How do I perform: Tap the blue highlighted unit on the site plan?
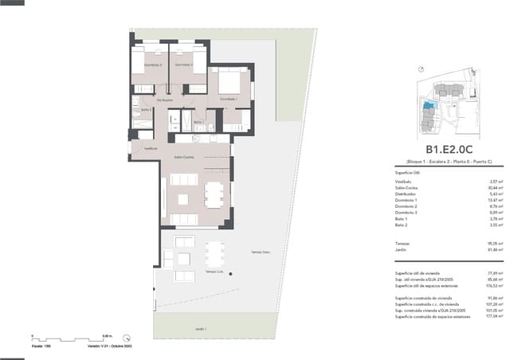[429, 105]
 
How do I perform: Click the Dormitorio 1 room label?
[229, 99]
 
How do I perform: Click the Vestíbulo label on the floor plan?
[150, 149]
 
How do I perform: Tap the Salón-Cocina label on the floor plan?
[185, 158]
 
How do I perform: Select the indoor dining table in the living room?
[213, 194]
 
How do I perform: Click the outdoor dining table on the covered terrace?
[213, 253]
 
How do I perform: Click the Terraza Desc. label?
[261, 252]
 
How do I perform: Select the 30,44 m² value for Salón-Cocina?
[481, 188]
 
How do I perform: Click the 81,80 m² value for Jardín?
[481, 250]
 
